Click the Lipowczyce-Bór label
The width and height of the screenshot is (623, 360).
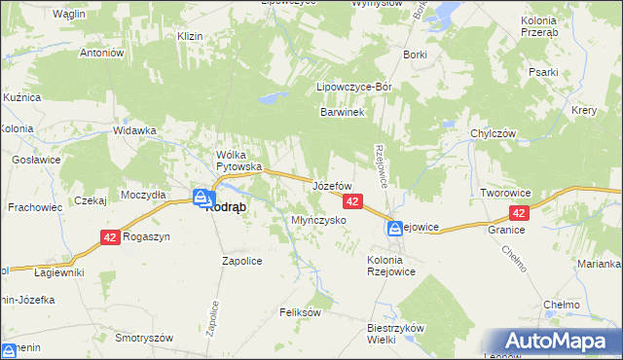pyautogui.click(x=354, y=87)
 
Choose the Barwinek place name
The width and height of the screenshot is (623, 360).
pyautogui.click(x=342, y=113)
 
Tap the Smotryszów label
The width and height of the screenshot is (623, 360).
pyautogui.click(x=144, y=338)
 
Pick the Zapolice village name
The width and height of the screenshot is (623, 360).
pyautogui.click(x=242, y=261)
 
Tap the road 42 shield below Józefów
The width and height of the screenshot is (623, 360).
pyautogui.click(x=353, y=200)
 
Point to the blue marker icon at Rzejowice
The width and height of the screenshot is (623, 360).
pyautogui.click(x=396, y=229)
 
